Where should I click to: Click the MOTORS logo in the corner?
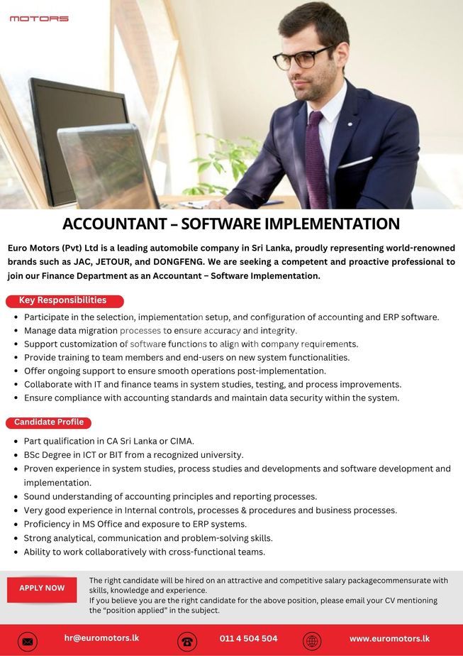click(39, 18)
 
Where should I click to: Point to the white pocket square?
click(355, 163)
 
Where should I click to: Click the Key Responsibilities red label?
click(64, 300)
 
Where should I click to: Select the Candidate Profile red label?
click(49, 422)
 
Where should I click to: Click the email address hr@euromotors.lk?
click(101, 638)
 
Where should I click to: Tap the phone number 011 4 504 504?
click(248, 638)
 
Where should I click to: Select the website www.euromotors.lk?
click(389, 638)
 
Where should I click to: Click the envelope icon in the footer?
click(28, 641)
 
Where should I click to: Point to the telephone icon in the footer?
click(187, 641)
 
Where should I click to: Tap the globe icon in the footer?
click(312, 641)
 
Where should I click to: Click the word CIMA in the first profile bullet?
click(182, 441)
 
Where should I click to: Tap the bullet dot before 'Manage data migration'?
click(16, 331)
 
